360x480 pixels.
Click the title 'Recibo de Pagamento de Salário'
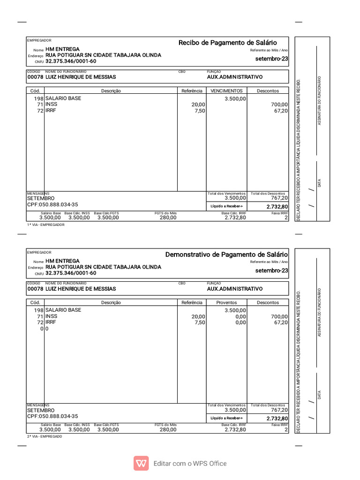(x=227, y=43)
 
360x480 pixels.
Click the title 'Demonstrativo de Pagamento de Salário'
(x=227, y=255)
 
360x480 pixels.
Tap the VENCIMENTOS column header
(x=226, y=91)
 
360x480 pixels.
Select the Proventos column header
(x=226, y=303)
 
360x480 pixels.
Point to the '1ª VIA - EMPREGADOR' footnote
(x=46, y=225)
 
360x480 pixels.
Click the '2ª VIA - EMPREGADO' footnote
(x=45, y=436)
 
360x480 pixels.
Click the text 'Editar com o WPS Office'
(x=190, y=464)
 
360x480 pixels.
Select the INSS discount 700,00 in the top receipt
(x=279, y=105)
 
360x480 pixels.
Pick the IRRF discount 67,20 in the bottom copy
(x=281, y=322)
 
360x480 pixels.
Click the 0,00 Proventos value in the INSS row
(x=240, y=316)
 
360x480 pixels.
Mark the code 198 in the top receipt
(x=38, y=98)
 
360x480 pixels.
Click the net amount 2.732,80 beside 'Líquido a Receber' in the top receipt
(x=277, y=207)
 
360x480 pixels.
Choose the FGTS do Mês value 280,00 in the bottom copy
(x=168, y=429)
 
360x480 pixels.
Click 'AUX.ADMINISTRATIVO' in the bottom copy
(x=235, y=289)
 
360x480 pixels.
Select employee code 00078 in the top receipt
(x=35, y=77)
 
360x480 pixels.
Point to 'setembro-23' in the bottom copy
(x=272, y=271)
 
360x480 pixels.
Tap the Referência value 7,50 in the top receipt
(x=200, y=111)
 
